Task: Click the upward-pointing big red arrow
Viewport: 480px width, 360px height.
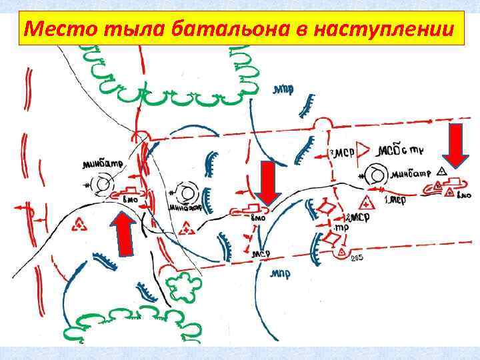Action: (x=124, y=233)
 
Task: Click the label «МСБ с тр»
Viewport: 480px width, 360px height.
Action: (x=397, y=149)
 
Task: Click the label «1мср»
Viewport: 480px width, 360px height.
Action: (x=395, y=199)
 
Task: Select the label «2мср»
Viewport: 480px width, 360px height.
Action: (x=357, y=219)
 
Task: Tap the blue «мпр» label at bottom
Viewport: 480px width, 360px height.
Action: (x=279, y=273)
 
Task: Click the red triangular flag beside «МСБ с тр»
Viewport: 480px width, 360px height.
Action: (x=363, y=150)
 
